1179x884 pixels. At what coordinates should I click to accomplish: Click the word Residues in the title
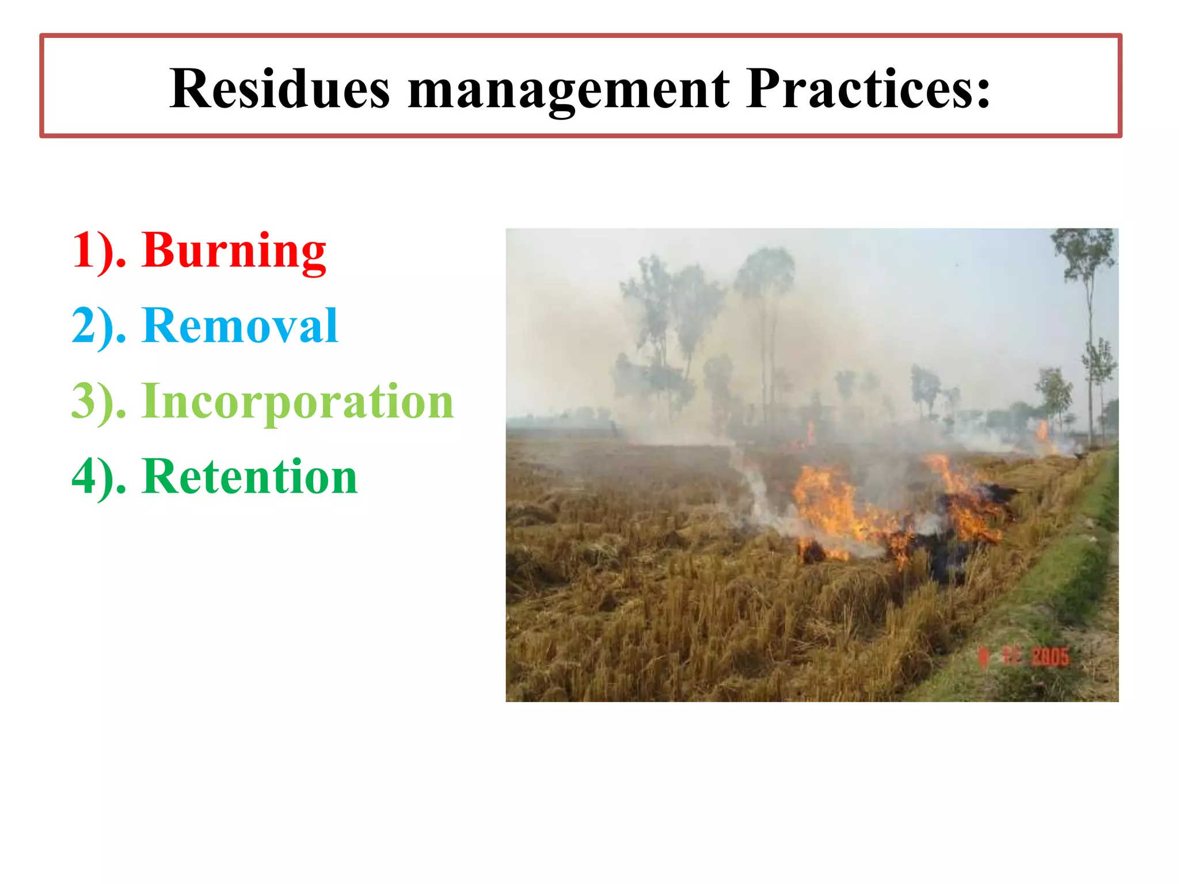280,89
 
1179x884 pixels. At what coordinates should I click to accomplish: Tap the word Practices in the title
858,89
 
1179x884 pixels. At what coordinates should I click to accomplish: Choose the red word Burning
234,251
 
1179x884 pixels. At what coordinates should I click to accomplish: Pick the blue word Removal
239,326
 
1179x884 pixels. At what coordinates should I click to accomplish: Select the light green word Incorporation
298,401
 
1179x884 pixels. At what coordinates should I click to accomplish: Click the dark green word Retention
249,477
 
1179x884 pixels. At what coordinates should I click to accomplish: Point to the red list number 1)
98,251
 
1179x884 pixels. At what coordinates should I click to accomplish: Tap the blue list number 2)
98,326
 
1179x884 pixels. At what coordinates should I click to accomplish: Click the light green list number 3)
98,401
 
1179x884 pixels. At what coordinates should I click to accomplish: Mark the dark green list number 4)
98,477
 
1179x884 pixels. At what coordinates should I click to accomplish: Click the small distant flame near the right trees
1043,432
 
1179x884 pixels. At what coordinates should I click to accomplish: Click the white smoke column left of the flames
754,489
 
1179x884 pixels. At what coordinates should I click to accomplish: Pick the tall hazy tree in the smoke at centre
766,322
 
